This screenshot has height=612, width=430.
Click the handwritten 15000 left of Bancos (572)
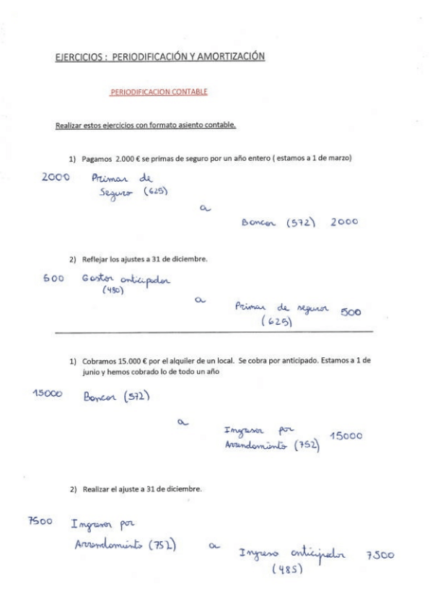[x=54, y=391]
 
